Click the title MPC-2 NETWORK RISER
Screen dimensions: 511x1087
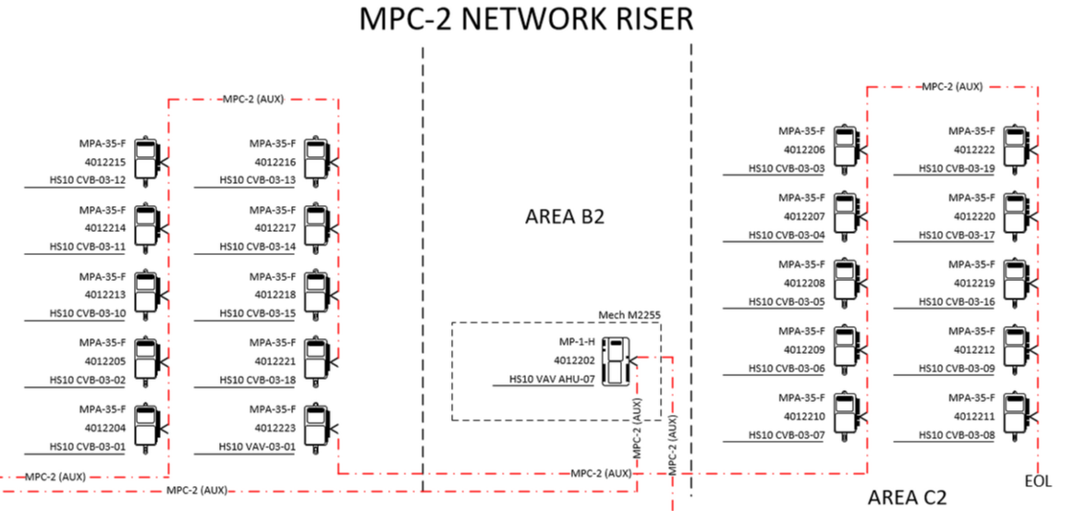point(525,20)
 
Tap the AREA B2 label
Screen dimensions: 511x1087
point(565,217)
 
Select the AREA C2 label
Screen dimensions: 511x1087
point(907,497)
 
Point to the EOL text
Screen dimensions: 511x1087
point(1038,481)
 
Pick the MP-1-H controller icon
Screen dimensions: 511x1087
point(614,360)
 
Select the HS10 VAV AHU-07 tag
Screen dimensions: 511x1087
point(551,379)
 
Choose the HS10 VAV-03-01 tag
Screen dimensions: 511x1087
point(257,446)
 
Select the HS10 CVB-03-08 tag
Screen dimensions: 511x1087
point(956,435)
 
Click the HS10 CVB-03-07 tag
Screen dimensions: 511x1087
point(786,435)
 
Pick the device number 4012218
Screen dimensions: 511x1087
point(275,294)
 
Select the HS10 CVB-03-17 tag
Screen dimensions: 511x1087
point(956,235)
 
